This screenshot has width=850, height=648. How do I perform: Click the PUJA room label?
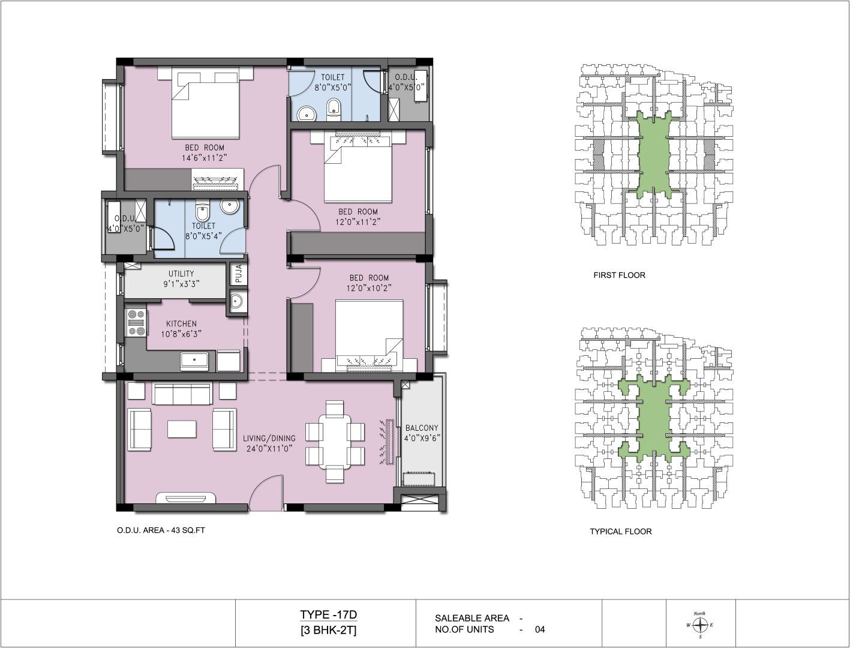[x=239, y=274]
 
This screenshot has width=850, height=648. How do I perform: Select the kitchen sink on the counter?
[x=194, y=360]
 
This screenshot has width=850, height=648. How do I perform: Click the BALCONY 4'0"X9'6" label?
[x=422, y=433]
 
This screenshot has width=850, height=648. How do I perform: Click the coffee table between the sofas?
[x=182, y=430]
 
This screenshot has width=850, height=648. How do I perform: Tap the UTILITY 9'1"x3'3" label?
[x=181, y=279]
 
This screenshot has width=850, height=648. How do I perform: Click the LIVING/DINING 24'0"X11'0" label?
[x=269, y=443]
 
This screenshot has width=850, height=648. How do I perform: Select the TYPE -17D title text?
[x=328, y=614]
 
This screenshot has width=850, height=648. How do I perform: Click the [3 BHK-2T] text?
[x=328, y=631]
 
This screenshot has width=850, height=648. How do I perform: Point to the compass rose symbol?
[x=700, y=625]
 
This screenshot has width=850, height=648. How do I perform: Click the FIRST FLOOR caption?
[x=619, y=275]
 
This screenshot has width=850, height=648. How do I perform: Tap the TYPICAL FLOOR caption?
[x=621, y=532]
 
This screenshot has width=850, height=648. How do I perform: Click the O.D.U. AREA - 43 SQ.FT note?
[x=161, y=530]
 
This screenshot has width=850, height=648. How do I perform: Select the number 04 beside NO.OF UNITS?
[x=540, y=629]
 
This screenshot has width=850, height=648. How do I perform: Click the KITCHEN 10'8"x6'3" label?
[x=181, y=329]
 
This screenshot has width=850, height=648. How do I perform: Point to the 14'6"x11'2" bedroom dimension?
[x=204, y=158]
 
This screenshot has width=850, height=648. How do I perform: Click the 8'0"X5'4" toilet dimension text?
[x=203, y=236]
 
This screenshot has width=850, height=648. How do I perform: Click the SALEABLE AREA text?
[x=471, y=618]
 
